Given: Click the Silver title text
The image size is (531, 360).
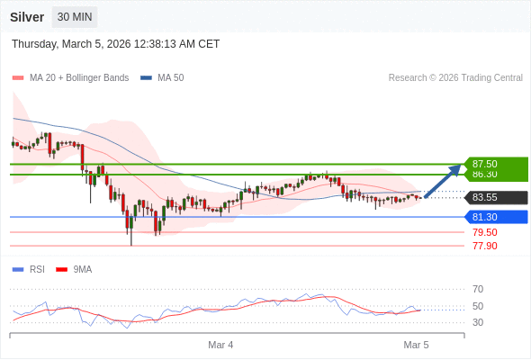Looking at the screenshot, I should point(27,17).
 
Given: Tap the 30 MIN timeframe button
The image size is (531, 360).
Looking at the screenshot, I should point(75,17).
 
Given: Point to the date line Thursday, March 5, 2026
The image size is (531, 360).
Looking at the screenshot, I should point(115,44).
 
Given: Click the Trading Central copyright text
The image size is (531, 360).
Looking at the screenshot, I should point(455,78).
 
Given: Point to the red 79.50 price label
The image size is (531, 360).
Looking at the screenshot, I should point(484,232).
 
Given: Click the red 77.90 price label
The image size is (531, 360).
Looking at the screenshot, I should point(484,246).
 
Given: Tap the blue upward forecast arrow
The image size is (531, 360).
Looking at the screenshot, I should point(443,179).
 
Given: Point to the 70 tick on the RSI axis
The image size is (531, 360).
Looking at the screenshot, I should point(478,289).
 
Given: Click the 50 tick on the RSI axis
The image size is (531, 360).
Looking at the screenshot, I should point(478,306).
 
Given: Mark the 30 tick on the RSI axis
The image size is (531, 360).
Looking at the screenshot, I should point(478,322).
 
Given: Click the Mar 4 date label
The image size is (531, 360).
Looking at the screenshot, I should point(220,345).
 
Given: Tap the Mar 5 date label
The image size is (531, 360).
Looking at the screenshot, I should point(416,345).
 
